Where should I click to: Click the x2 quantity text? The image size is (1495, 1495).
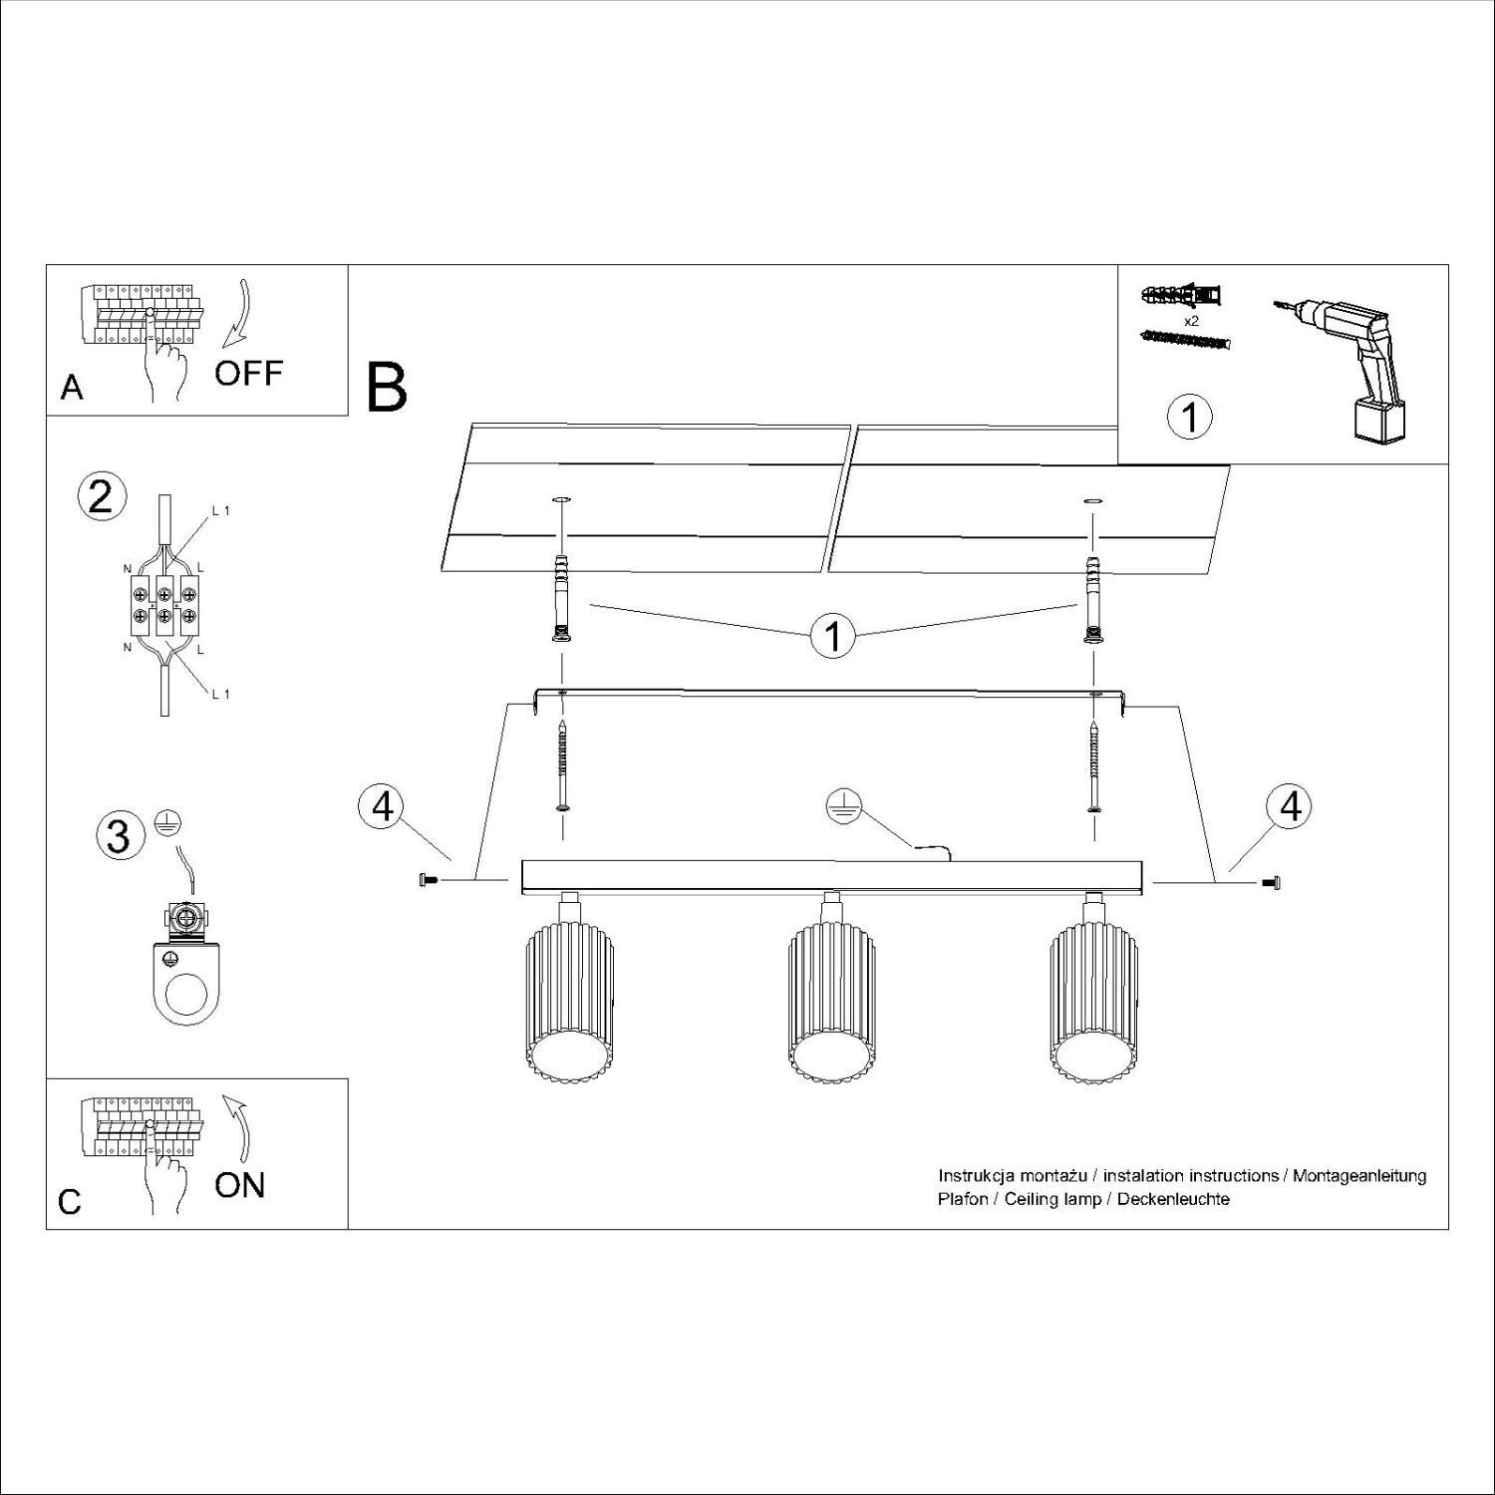[1190, 322]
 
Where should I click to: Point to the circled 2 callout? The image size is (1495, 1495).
[102, 497]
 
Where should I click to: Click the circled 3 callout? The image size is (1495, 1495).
[119, 835]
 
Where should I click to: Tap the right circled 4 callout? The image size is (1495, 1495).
[1290, 806]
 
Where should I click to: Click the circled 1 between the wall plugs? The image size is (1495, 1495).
[832, 635]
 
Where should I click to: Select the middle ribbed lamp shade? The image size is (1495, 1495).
[832, 1002]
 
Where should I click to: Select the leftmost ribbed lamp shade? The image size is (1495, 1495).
[569, 1002]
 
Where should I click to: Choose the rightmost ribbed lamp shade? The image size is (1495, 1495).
[1095, 1002]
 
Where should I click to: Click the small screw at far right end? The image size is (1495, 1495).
[1270, 881]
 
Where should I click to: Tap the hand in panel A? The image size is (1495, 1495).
[164, 364]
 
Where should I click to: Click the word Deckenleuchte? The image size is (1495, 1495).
[1173, 1199]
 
